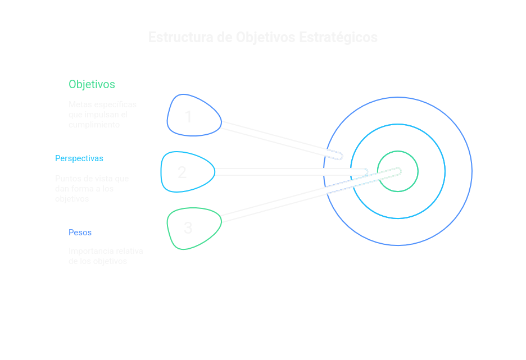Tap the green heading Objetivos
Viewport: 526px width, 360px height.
[92, 84]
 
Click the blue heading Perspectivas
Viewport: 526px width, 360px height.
[79, 158]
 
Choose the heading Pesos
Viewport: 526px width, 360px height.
[80, 233]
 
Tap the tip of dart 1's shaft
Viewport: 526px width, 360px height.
[339, 156]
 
